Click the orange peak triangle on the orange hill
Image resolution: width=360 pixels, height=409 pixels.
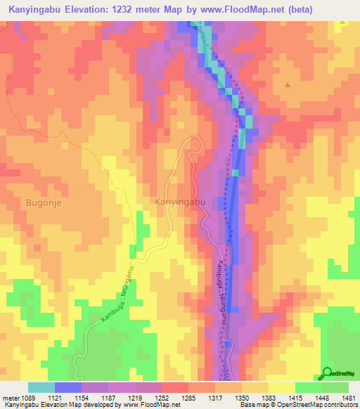[x=288, y=85]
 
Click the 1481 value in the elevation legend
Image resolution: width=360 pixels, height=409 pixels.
[x=338, y=397]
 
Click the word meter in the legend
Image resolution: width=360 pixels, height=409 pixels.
[x=11, y=397]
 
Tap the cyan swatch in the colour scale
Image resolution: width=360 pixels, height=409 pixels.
[x=41, y=387]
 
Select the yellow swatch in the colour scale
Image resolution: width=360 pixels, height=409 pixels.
[x=281, y=387]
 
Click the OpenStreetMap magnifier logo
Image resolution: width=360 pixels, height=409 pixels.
[x=327, y=373]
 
